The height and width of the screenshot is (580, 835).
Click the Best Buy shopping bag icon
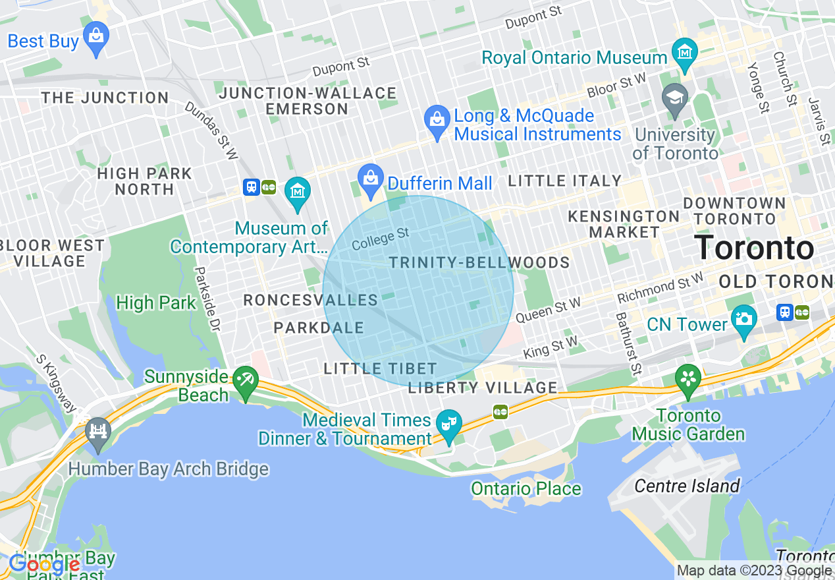coord(97,40)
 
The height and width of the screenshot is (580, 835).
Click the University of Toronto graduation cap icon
coord(674,101)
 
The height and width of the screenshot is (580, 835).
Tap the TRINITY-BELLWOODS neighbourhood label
coord(479,263)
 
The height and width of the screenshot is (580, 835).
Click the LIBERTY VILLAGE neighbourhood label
coord(482,388)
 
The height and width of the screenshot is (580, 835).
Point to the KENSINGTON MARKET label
coord(624,224)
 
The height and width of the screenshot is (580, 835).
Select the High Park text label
coord(156,303)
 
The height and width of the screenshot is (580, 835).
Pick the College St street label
coord(381,239)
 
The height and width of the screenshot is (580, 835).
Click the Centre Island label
coord(687,486)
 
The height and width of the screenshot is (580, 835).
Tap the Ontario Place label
coord(525,488)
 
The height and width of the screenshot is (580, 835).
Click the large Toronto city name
coord(754,248)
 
